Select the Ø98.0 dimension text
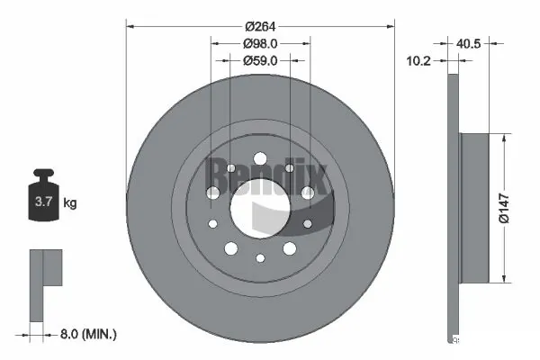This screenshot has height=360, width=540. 259,43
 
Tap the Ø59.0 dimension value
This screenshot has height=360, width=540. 259,61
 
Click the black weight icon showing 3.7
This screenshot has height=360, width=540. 43,200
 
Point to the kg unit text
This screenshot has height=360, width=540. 70,203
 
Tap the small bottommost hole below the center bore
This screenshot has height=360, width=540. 259,258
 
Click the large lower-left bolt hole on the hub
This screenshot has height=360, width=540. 229,249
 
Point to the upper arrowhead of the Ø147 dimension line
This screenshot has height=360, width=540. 500,138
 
